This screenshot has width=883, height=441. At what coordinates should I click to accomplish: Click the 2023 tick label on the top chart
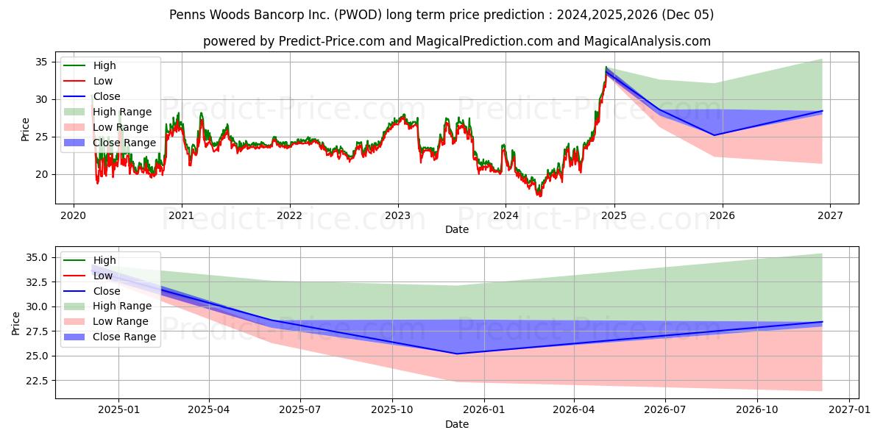click(397, 215)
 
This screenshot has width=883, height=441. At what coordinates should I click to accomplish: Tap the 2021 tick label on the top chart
click(181, 215)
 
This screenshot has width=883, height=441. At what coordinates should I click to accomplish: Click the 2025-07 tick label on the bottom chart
click(300, 411)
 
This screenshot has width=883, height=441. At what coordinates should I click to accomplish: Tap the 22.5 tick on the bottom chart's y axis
click(38, 381)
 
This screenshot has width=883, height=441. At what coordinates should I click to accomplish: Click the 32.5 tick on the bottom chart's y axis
click(38, 282)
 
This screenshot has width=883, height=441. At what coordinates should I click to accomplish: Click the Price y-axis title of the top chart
click(25, 129)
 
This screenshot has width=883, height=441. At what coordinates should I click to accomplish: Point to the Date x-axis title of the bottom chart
click(456, 424)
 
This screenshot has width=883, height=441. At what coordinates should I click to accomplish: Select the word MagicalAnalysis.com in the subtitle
click(647, 41)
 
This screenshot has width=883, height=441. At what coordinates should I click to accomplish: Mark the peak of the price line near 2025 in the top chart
click(606, 68)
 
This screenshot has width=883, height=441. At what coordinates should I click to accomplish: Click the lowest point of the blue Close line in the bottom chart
click(456, 354)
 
